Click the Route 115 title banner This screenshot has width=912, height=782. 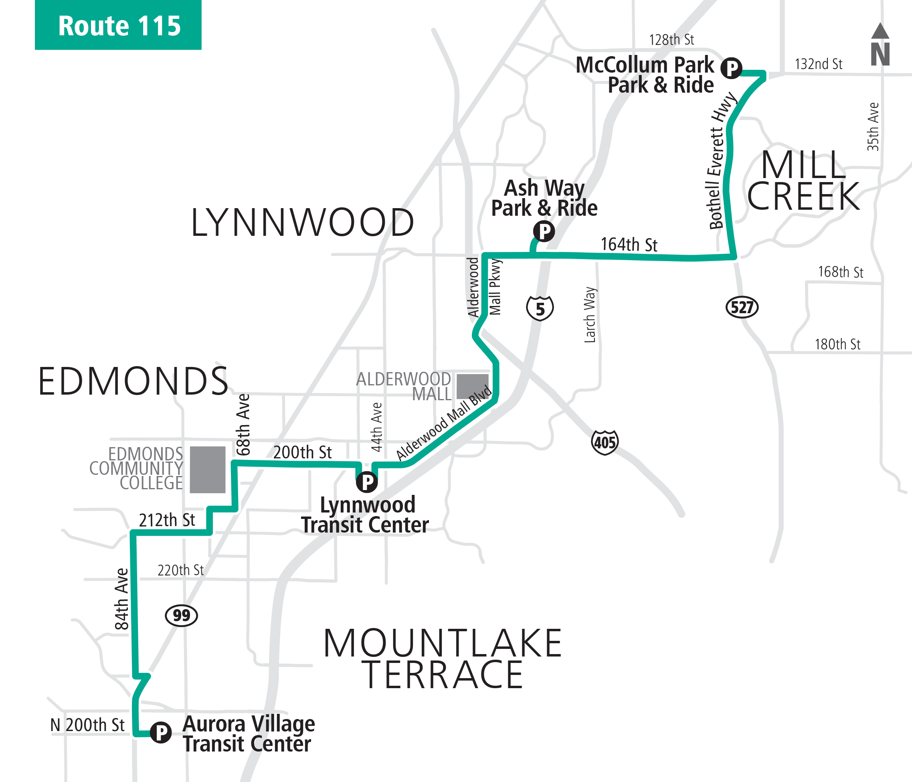coord(118,25)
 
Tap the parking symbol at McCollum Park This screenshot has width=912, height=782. coord(731,68)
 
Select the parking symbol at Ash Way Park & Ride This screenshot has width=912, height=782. coord(544,231)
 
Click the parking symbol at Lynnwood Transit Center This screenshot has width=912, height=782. coord(367,482)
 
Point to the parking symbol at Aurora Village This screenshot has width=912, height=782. coord(161,732)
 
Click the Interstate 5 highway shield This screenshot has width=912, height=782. coord(540,308)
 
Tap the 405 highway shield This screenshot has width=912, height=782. coord(605,442)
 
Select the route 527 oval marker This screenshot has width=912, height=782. coord(742,307)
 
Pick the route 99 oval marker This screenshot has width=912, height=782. coord(181,615)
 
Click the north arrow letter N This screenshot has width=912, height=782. coord(880,54)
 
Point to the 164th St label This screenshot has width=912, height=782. coord(629,245)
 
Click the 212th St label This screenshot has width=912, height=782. coord(167,520)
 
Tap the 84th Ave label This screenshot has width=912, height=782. coord(121,599)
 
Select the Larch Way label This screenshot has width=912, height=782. coord(590,314)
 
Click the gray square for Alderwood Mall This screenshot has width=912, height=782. coord(472,386)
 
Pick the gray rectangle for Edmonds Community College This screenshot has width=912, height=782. coord(207,469)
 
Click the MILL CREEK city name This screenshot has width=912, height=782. coord(803,180)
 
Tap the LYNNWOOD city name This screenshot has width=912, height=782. coord(302,223)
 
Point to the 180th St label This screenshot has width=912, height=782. coord(837,344)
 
